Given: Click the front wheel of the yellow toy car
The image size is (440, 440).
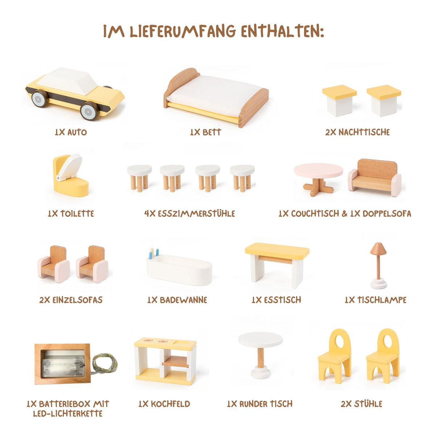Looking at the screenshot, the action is coord(90,111).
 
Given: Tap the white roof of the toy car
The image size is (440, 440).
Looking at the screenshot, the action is coord(67,81).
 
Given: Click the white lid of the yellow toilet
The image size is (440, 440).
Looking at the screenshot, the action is coord(70,167).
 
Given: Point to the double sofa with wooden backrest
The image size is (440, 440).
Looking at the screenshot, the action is coord(374,178).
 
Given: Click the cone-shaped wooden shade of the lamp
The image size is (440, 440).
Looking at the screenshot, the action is coord(378,249).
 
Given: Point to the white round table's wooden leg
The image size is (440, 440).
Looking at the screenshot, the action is coord(261,358).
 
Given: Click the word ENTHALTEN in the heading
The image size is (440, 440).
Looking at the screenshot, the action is coord(282,31).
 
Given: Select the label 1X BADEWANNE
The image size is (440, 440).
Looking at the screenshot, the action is coord(177,300).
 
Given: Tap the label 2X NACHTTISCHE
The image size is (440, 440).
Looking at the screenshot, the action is coord(357,132).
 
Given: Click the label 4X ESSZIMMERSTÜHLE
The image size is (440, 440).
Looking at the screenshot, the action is coord(190,213).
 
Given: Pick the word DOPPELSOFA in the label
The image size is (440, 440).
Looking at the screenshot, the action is coord(387,213).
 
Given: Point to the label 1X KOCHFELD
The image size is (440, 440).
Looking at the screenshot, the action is coord(164,404).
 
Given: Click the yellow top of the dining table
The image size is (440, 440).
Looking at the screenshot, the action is coord(277,251).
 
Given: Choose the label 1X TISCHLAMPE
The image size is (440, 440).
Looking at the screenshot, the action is coord(375,300).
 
